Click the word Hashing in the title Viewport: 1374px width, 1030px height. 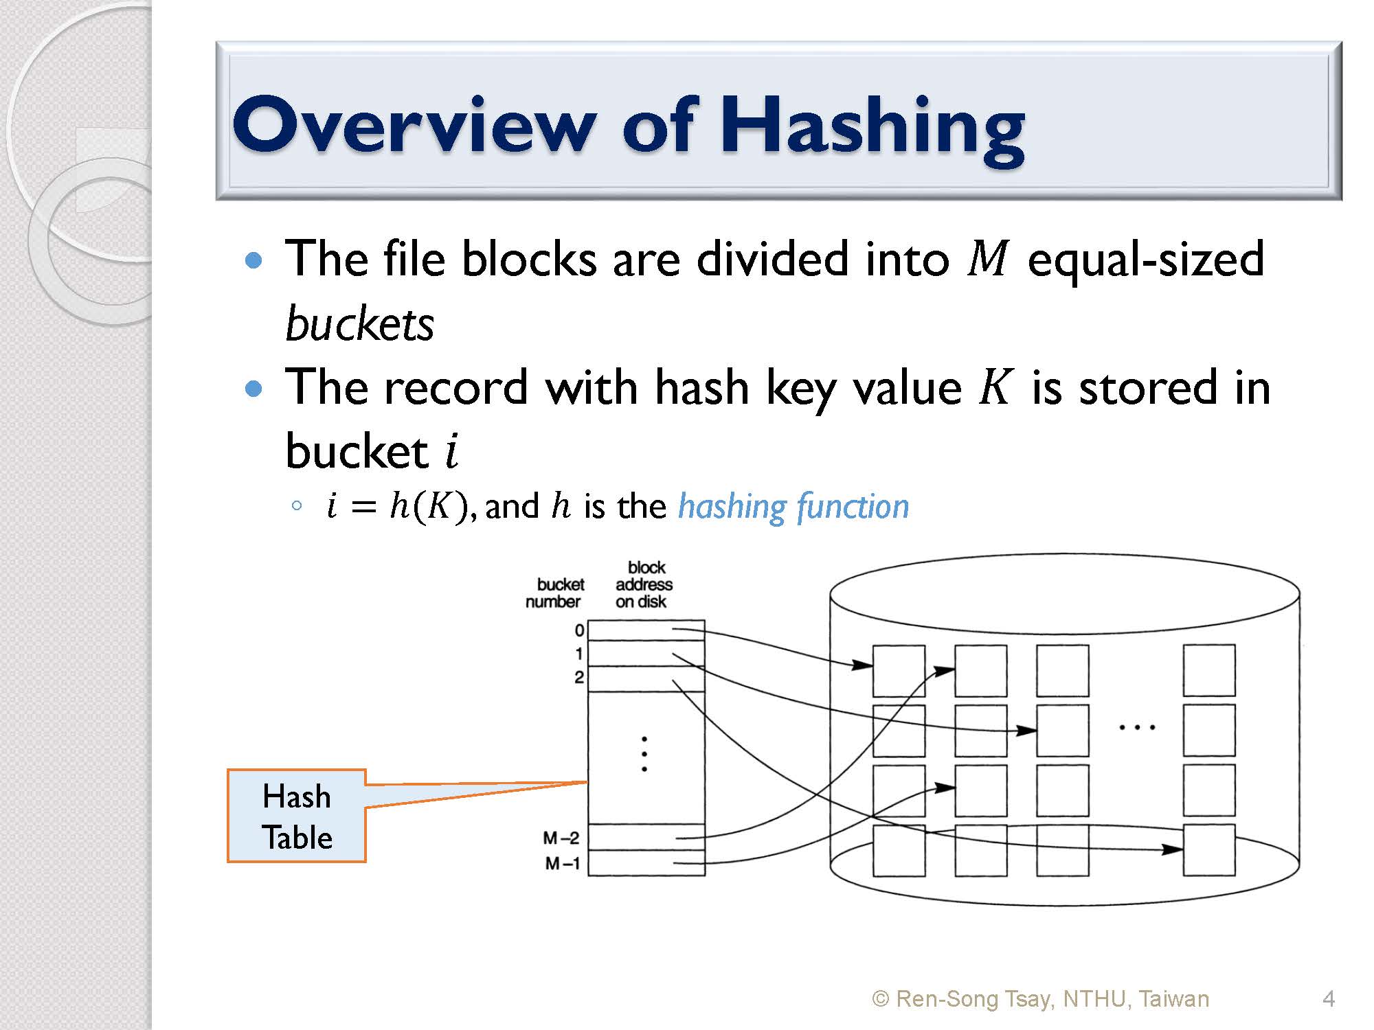[872, 127]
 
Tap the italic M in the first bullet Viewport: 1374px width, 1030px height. [987, 259]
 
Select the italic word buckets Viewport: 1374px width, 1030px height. [359, 323]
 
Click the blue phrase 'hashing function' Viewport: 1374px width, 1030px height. [793, 507]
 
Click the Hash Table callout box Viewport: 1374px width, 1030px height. [297, 816]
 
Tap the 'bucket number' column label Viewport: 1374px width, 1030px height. [555, 593]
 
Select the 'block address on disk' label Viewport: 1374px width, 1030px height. [644, 584]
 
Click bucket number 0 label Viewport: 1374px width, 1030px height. [579, 630]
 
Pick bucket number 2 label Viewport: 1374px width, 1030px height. [579, 677]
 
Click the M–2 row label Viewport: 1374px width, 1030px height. [561, 838]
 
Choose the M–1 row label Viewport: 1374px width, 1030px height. [563, 863]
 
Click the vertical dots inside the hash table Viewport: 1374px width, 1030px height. [644, 754]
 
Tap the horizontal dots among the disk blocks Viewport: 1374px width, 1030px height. [1137, 726]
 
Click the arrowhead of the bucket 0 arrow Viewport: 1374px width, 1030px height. [862, 665]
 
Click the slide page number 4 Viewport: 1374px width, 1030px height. [1329, 998]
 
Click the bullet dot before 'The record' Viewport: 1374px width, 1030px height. [254, 389]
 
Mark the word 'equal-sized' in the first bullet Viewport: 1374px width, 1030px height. [1145, 260]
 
